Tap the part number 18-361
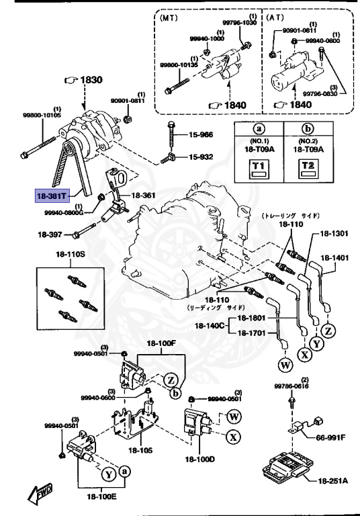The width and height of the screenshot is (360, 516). pos(142,196)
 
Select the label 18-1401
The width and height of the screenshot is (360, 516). pos(334,257)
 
